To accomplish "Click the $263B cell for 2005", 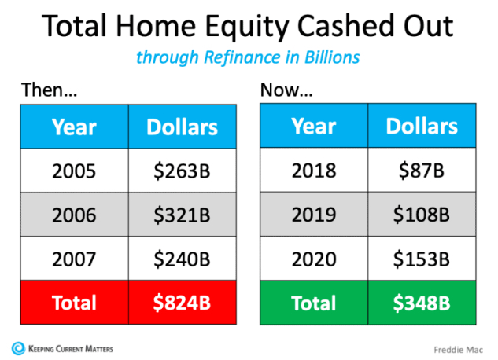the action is (183, 171).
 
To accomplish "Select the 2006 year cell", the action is (74, 215).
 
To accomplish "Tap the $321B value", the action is (183, 215).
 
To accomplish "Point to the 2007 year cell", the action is (74, 259).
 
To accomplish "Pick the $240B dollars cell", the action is (183, 259).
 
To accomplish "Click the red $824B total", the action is (183, 303).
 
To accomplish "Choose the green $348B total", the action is (422, 303).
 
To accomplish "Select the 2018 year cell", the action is (314, 170).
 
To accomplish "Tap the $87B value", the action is (422, 170).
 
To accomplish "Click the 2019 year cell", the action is (314, 214).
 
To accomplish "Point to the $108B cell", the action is (422, 214).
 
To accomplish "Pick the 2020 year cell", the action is (314, 259).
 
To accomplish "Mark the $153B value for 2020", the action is (422, 259).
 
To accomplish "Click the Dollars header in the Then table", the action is (183, 127).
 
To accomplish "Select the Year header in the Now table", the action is (314, 126).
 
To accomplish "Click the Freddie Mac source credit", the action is (458, 350).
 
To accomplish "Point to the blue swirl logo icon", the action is (18, 348).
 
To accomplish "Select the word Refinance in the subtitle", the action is (242, 57).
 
